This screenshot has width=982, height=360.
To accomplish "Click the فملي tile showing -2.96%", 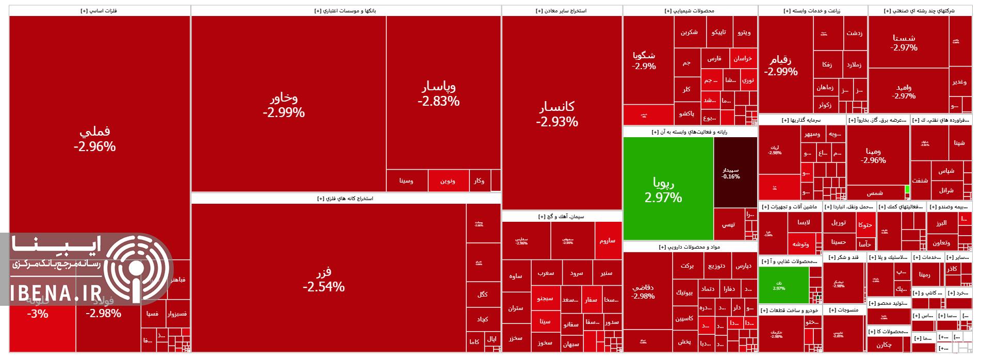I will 95,139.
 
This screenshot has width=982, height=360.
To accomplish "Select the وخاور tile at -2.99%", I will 284,105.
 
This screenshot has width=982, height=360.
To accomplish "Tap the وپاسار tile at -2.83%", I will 438,93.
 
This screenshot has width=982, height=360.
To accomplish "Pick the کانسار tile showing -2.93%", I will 557,114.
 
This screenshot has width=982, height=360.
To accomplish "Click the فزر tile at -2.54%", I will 324,279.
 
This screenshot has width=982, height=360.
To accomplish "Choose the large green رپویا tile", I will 663,189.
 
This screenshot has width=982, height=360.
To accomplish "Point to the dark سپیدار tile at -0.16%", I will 730,173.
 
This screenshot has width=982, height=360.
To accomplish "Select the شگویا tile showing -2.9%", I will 644,60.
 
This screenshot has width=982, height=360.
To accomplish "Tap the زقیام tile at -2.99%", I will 781,66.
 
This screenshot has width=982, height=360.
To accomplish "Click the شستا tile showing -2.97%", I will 904,42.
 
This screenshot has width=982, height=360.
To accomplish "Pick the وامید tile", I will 904,92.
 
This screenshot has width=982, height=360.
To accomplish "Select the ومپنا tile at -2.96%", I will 874,155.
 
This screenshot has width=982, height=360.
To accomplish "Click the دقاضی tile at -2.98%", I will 643,291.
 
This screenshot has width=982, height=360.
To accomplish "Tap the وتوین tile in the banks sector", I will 447,181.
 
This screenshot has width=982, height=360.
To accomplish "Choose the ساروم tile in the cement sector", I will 608,240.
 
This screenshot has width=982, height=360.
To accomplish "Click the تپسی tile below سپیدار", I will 728,224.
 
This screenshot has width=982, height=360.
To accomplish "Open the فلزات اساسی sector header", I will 99,10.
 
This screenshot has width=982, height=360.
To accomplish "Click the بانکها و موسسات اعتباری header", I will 345,10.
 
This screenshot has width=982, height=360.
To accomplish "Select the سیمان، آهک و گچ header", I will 561,217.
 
